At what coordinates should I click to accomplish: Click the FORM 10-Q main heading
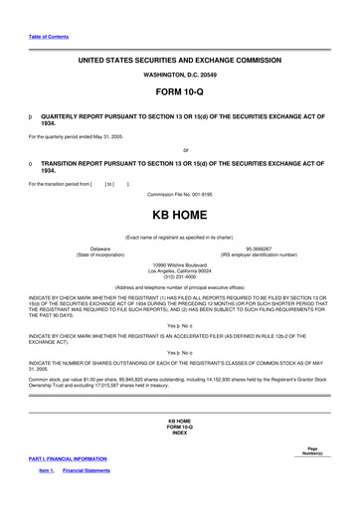click(179, 91)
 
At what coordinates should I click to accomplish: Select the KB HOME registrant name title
click(179, 214)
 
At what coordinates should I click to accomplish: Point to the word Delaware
click(100, 249)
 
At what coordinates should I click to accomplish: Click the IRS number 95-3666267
click(259, 249)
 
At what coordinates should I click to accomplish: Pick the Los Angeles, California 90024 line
click(179, 269)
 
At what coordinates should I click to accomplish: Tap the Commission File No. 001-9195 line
click(179, 194)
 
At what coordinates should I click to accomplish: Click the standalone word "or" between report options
click(186, 150)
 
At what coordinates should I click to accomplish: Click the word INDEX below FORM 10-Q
click(179, 433)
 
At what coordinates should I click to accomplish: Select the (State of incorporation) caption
click(100, 254)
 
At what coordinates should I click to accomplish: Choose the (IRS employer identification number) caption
click(259, 254)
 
